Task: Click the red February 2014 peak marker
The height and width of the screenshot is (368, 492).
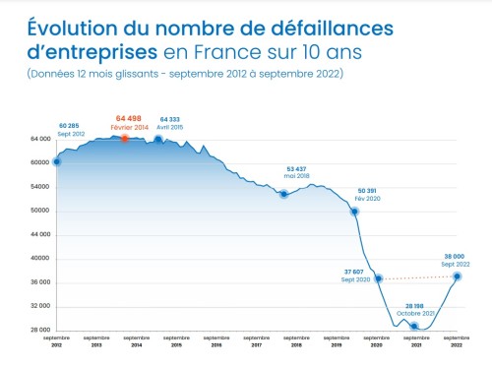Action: (x=125, y=138)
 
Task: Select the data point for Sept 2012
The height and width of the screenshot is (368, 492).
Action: (x=57, y=161)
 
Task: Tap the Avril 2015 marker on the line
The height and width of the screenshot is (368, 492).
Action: (x=158, y=139)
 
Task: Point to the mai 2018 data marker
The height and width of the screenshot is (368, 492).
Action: (x=283, y=194)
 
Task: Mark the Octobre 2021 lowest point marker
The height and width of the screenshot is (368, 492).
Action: (x=414, y=326)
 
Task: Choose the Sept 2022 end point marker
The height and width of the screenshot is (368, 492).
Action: (x=457, y=276)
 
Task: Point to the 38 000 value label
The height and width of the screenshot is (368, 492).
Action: (x=455, y=255)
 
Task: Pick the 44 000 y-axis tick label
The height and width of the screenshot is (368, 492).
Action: (x=38, y=235)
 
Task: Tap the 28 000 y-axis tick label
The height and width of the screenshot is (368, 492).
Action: (x=38, y=331)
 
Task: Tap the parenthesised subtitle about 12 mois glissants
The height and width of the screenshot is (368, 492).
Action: (x=184, y=75)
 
